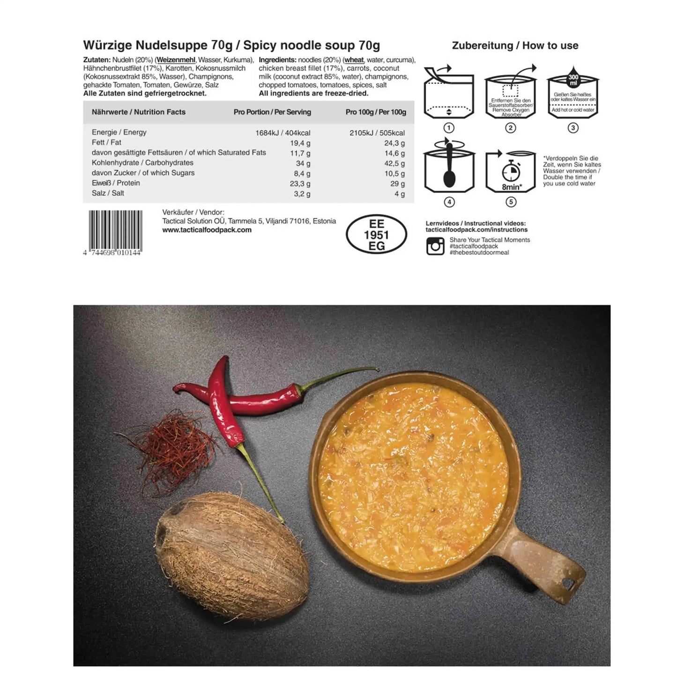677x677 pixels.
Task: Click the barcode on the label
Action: [115, 229]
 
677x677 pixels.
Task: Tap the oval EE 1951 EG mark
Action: [376, 235]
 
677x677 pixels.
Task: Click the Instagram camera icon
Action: [435, 246]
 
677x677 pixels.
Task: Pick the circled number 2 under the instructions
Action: [511, 128]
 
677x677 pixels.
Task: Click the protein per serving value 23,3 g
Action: [300, 184]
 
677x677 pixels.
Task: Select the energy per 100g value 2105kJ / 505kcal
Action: [377, 133]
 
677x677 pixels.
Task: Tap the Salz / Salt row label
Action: [108, 193]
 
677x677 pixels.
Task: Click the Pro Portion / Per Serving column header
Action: [272, 112]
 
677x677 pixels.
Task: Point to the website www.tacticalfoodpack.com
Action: [207, 230]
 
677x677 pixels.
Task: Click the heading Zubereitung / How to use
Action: [515, 45]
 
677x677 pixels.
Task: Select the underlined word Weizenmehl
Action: [177, 60]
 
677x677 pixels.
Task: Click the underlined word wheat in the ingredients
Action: [354, 60]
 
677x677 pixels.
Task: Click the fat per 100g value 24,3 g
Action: [394, 143]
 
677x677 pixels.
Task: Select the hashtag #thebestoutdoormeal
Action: [479, 253]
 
